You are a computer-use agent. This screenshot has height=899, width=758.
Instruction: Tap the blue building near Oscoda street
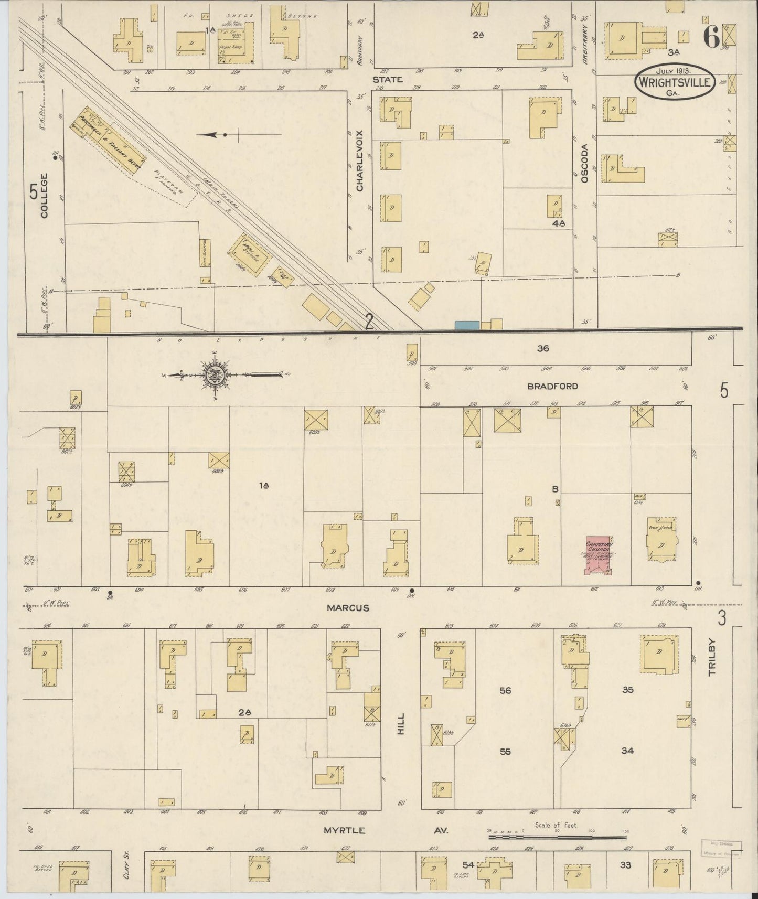tap(467, 325)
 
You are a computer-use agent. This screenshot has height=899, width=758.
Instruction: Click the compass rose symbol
tap(216, 374)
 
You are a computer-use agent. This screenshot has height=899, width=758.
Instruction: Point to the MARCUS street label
tap(348, 608)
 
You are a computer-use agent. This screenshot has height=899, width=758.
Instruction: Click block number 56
tap(505, 690)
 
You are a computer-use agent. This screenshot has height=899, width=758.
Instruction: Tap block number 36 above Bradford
tap(542, 348)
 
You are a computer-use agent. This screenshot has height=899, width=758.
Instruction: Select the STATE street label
tap(388, 79)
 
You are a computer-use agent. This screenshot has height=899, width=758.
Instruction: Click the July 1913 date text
tap(674, 70)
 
